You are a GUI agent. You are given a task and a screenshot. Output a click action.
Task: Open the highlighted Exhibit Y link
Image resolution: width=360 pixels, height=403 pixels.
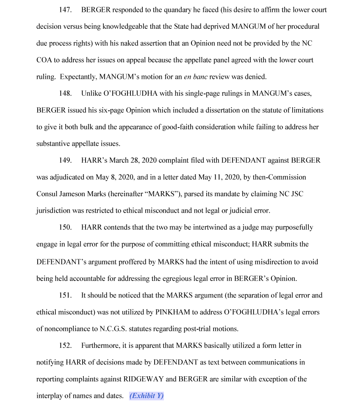[x=146, y=396]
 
